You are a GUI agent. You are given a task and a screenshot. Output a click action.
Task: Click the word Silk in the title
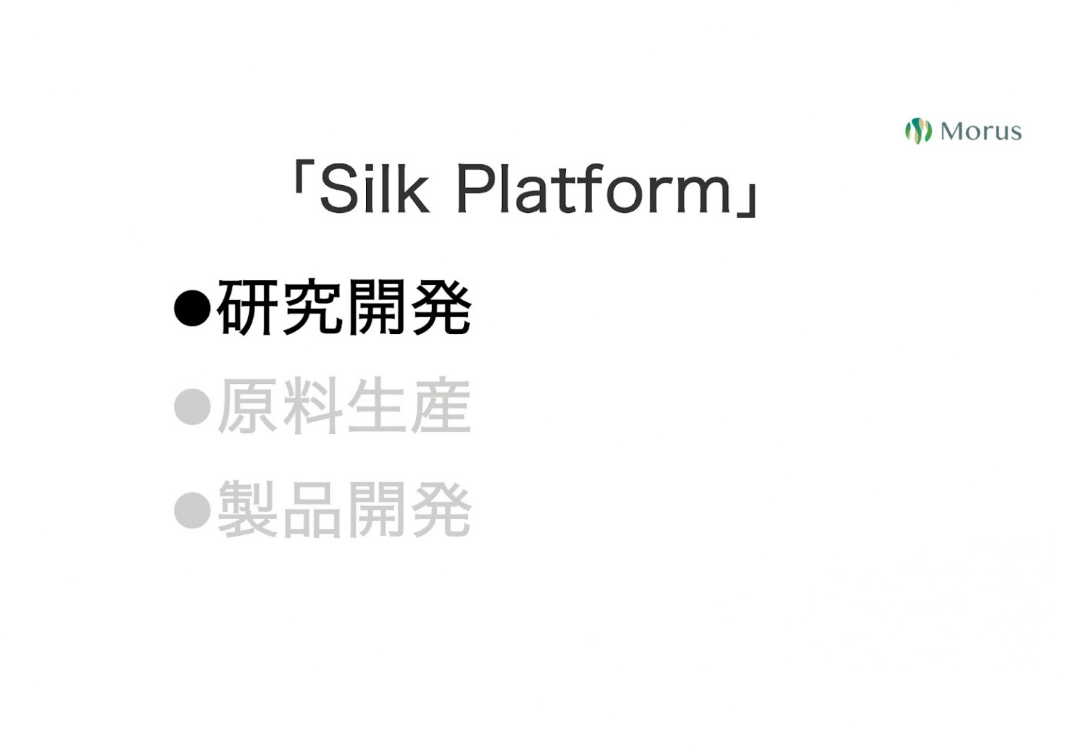pyautogui.click(x=375, y=189)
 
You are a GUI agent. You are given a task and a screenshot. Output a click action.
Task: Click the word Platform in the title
pyautogui.click(x=594, y=189)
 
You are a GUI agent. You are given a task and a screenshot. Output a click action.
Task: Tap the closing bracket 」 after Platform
pyautogui.click(x=747, y=200)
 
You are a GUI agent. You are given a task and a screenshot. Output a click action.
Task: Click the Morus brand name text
pyautogui.click(x=981, y=131)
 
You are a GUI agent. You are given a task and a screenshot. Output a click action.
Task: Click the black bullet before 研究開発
pyautogui.click(x=193, y=308)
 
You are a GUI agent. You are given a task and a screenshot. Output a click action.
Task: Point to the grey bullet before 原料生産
pyautogui.click(x=193, y=406)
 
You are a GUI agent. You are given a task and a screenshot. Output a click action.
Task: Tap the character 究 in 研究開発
pyautogui.click(x=313, y=307)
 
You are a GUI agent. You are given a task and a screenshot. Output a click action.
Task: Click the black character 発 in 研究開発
pyautogui.click(x=442, y=307)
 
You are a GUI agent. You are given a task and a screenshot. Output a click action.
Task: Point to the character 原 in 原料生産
pyautogui.click(x=248, y=405)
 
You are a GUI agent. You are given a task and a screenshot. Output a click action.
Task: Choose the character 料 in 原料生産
pyautogui.click(x=313, y=405)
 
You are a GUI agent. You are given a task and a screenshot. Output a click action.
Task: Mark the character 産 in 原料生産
pyautogui.click(x=442, y=405)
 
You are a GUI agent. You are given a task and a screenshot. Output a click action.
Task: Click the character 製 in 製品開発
pyautogui.click(x=248, y=509)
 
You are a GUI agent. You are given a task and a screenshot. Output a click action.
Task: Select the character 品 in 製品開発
pyautogui.click(x=313, y=509)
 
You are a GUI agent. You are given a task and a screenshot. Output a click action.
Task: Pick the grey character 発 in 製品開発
pyautogui.click(x=442, y=509)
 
